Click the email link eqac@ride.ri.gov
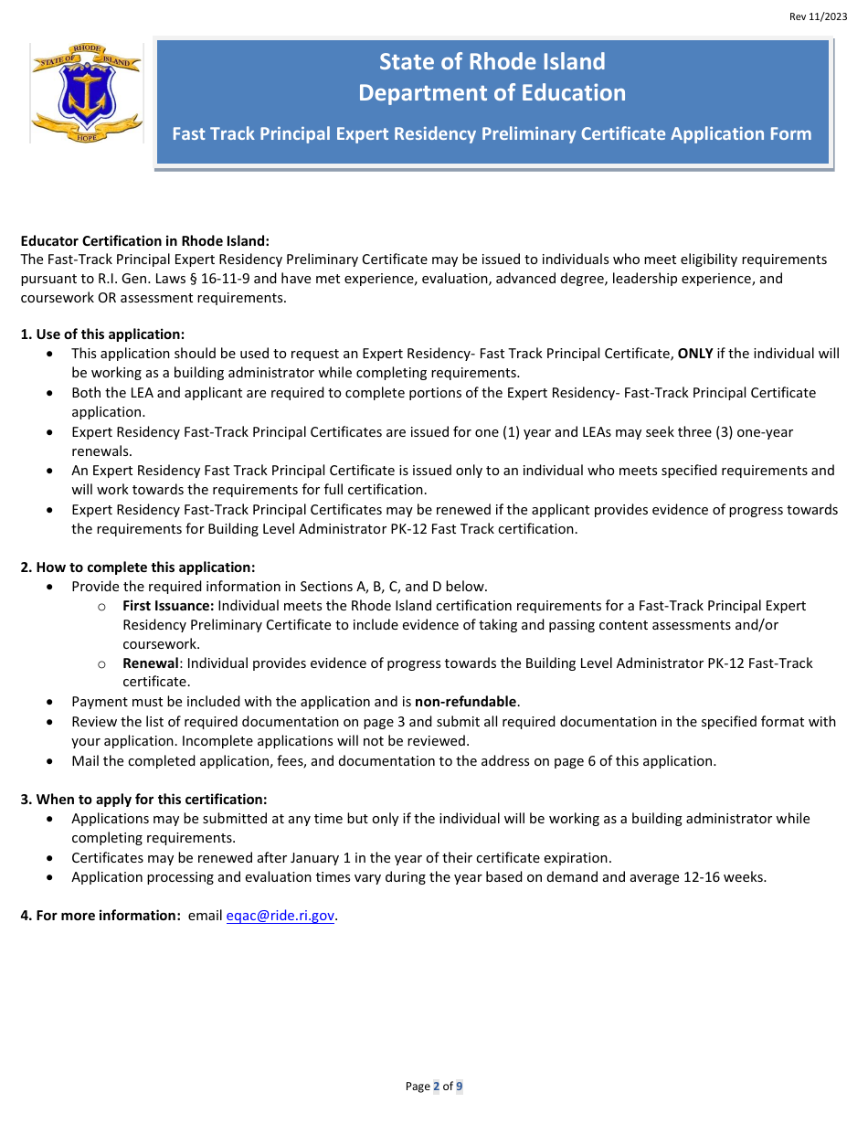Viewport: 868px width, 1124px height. [x=281, y=916]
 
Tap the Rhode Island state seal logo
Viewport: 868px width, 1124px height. [x=87, y=94]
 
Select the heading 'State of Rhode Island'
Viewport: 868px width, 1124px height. [x=492, y=62]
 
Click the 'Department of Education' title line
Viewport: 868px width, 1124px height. [x=492, y=93]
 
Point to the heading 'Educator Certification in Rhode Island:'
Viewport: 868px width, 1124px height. [x=145, y=240]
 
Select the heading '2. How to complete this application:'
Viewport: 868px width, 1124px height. [x=138, y=567]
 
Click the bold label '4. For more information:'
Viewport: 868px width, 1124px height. [x=101, y=916]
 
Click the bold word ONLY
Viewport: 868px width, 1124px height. [x=694, y=354]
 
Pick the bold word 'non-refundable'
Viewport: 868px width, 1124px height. [x=466, y=702]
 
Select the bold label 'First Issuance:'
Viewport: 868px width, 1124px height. [x=168, y=606]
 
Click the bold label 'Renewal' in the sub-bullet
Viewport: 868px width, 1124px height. [x=151, y=663]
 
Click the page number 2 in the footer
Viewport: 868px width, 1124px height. [x=436, y=1087]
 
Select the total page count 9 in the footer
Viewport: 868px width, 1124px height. [x=460, y=1087]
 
